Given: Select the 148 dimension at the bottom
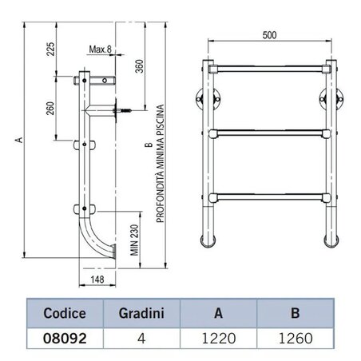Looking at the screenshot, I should click(x=96, y=280).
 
